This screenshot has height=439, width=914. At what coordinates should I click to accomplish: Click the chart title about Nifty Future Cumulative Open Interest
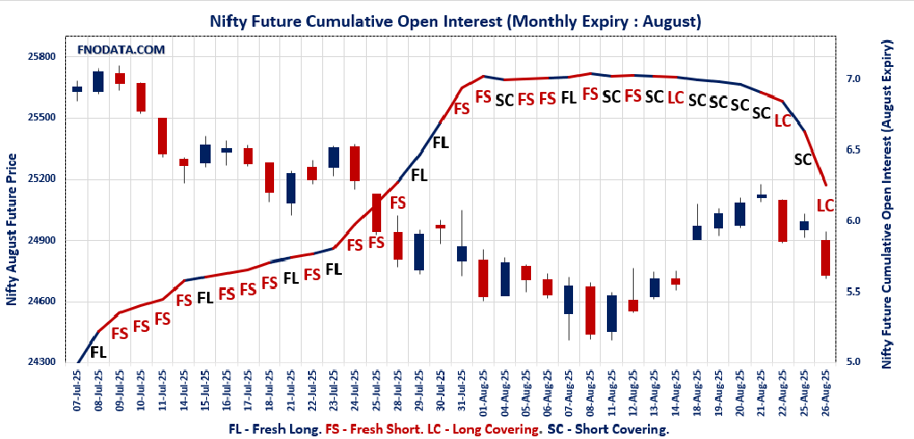pyautogui.click(x=455, y=20)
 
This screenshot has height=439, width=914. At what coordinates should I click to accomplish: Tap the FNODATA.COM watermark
pyautogui.click(x=121, y=50)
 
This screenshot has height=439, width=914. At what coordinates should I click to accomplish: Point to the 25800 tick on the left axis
pyautogui.click(x=41, y=56)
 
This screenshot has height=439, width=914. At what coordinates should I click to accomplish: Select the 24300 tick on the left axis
pyautogui.click(x=41, y=362)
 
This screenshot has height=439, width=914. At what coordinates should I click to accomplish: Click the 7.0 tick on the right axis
pyautogui.click(x=853, y=79)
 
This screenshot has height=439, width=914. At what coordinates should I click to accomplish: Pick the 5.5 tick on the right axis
pyautogui.click(x=853, y=292)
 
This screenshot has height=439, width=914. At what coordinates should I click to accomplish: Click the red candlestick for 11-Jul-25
pyautogui.click(x=162, y=137)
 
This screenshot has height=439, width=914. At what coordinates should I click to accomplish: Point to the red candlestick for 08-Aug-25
pyautogui.click(x=590, y=311)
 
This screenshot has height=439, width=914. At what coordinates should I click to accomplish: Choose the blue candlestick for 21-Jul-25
pyautogui.click(x=291, y=187)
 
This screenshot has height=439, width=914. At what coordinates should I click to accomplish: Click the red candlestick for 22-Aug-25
pyautogui.click(x=783, y=220)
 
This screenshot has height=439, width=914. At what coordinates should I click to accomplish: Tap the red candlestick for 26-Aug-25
pyautogui.click(x=826, y=258)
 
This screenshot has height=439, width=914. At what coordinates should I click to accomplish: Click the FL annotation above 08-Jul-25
pyautogui.click(x=98, y=352)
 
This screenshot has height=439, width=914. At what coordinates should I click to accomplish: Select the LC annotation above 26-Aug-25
pyautogui.click(x=826, y=205)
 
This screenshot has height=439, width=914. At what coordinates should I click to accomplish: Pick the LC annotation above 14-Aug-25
pyautogui.click(x=676, y=97)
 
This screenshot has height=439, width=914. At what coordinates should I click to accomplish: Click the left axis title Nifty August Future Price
pyautogui.click(x=12, y=229)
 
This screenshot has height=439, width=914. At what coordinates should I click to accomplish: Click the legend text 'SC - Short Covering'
pyautogui.click(x=608, y=429)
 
